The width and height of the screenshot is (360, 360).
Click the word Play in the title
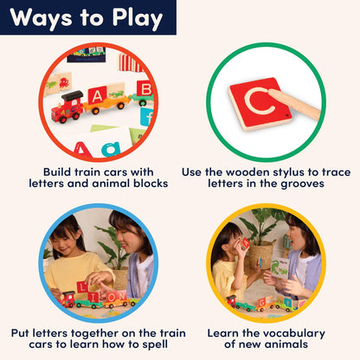coord(138,18)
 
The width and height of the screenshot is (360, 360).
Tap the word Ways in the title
coord(41,18)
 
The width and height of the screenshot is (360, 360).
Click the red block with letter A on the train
coord(97,95)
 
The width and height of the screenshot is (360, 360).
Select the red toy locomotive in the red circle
coord(67,106)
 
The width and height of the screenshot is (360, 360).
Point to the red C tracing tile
coord(260,104)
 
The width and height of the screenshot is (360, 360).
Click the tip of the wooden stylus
coord(271,93)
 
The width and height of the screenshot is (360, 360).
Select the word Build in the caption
coord(57,172)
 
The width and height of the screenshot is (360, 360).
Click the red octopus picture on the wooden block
coord(64,83)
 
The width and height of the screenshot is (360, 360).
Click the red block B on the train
coord(145,88)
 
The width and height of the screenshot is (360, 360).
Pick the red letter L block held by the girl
coord(83,287)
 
